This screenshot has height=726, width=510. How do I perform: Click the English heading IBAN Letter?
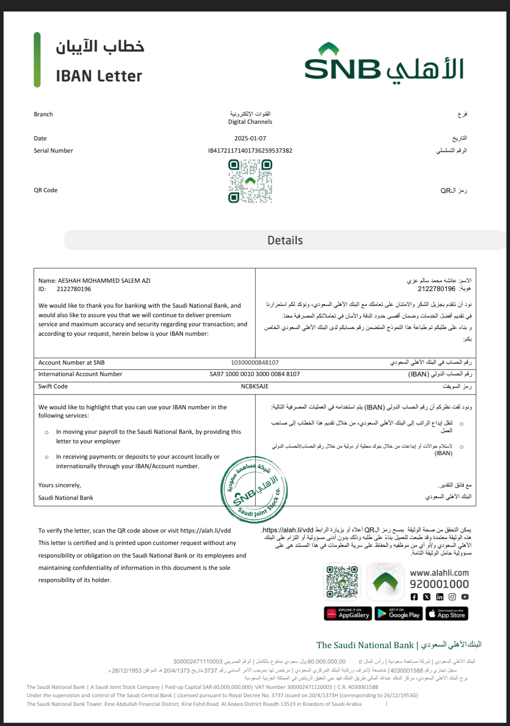[99, 76]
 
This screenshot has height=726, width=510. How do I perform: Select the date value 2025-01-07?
[250, 138]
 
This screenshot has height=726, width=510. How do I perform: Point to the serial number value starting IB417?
[250, 151]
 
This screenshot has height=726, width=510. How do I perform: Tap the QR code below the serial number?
[250, 181]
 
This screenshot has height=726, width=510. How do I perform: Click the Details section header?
[285, 240]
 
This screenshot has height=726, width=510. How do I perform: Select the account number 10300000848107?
[255, 363]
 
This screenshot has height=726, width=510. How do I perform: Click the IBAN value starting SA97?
[255, 374]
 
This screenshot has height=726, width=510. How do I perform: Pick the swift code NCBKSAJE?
[255, 386]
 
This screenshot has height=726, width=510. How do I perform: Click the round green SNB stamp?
[254, 490]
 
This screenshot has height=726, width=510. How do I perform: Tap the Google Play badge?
[399, 614]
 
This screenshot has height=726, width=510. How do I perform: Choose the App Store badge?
[447, 614]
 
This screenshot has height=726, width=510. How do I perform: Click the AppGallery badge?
[348, 614]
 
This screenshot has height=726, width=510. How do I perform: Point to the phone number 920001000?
[439, 584]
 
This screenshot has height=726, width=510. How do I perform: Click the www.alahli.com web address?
[439, 573]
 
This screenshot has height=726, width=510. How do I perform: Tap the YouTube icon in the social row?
[465, 597]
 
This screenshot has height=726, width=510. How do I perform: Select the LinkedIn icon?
[440, 597]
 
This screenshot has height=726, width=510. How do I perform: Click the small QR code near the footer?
[342, 582]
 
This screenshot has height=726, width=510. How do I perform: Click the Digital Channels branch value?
[250, 122]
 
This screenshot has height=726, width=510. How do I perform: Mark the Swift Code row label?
[53, 386]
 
